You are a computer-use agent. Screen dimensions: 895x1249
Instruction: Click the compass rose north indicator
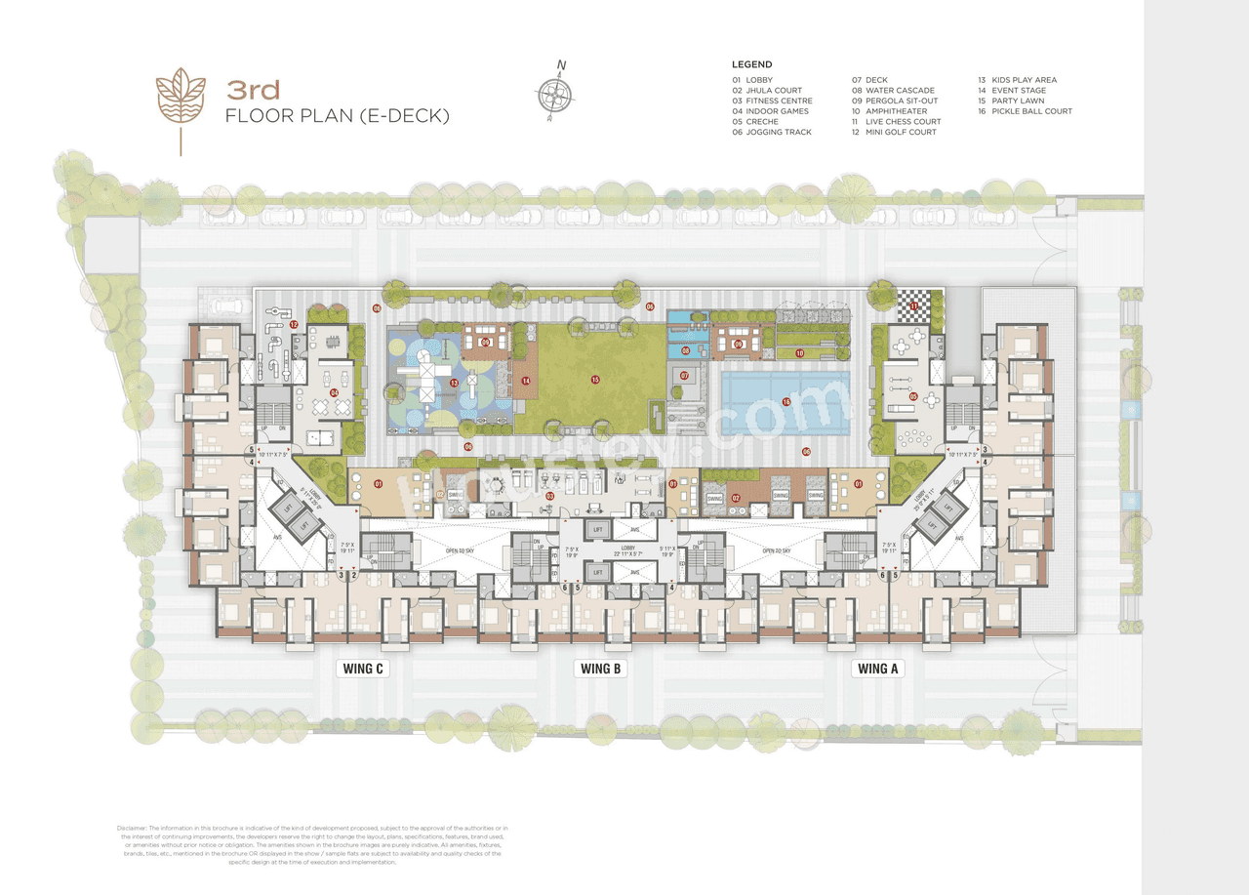(x=553, y=93)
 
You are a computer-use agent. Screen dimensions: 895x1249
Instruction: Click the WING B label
(x=601, y=669)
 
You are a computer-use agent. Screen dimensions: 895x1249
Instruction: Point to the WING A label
(x=875, y=669)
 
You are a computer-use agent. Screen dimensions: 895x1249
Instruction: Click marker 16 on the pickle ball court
(x=786, y=402)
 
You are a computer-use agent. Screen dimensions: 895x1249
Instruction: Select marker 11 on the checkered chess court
(x=913, y=307)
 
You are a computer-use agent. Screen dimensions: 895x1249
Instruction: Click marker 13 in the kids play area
(x=455, y=382)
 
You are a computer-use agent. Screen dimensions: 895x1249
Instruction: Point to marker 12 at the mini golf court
(x=293, y=324)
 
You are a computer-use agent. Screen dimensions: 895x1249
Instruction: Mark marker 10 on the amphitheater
(x=799, y=353)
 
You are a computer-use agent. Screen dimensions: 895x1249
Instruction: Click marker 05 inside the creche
(x=913, y=396)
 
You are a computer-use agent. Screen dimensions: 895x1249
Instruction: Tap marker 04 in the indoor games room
(x=334, y=393)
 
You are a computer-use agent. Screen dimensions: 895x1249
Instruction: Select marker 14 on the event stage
(x=525, y=381)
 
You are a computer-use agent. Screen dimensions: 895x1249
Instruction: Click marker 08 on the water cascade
(x=686, y=350)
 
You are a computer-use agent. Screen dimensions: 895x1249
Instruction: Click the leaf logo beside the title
(x=181, y=102)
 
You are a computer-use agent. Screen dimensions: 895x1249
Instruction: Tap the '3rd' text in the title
(x=254, y=91)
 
